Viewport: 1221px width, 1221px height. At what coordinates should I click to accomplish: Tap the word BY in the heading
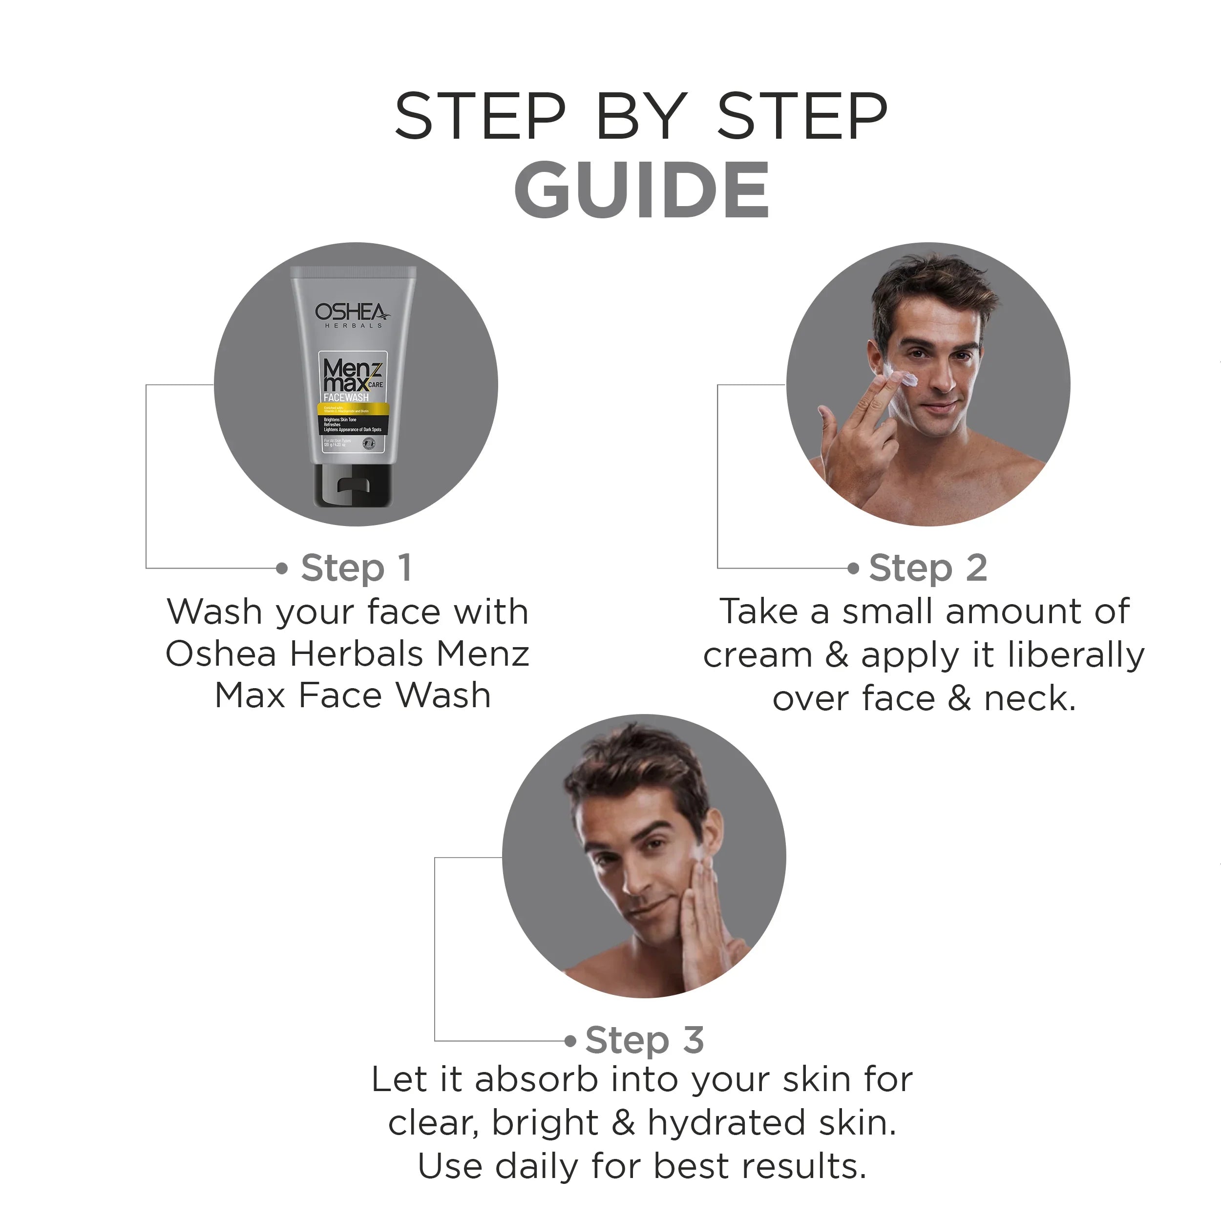pyautogui.click(x=641, y=116)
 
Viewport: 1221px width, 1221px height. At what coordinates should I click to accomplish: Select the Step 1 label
pyautogui.click(x=357, y=567)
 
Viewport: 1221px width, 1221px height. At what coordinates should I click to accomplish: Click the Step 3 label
pyautogui.click(x=644, y=1040)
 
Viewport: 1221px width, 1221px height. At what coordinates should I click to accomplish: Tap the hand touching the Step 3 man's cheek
pyautogui.click(x=705, y=916)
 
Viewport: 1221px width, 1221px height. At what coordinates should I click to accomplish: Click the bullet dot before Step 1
pyautogui.click(x=282, y=568)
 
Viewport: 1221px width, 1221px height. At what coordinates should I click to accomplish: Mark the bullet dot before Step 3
pyautogui.click(x=570, y=1041)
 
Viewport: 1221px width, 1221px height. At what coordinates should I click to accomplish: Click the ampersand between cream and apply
pyautogui.click(x=836, y=655)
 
